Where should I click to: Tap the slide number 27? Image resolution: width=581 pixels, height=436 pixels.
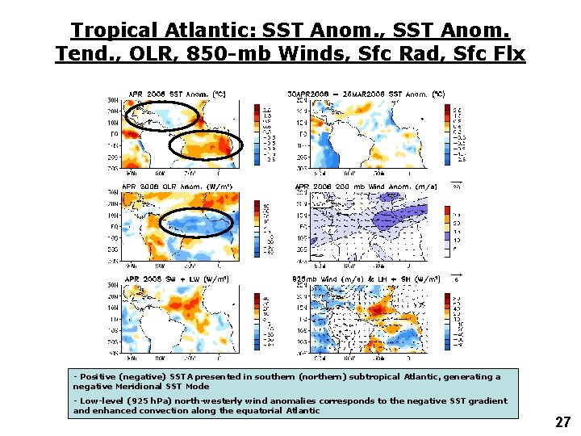pos(562,422)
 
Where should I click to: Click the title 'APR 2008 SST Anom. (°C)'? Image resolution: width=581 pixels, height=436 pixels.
pos(174,94)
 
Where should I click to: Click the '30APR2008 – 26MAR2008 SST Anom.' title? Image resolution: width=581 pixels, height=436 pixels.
pos(370,94)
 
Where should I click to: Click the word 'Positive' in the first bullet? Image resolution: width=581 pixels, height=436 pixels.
pos(96,376)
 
